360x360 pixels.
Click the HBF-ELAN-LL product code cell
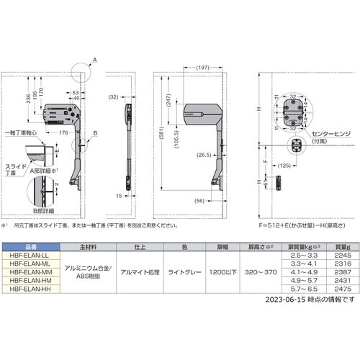coord(28,256)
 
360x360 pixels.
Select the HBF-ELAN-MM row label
coord(28,272)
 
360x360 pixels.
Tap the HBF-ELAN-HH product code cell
coord(28,288)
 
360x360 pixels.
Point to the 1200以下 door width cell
coord(217,272)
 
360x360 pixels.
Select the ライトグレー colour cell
coord(184,272)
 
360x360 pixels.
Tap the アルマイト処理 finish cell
coord(140,272)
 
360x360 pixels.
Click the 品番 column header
coord(28,246)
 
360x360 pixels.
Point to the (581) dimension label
coord(159,134)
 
